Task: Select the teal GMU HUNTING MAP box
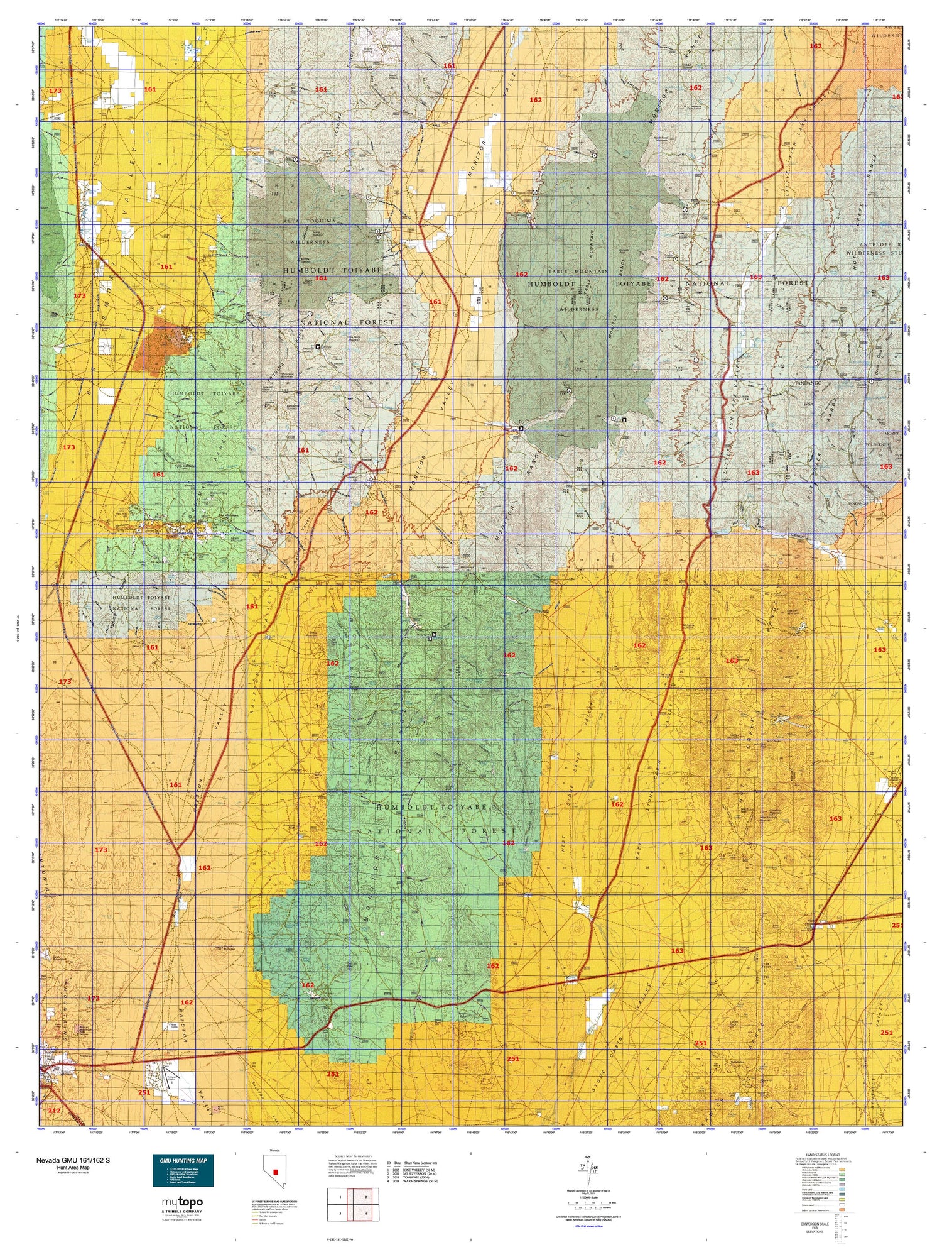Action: [x=183, y=1170]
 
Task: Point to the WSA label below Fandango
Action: [x=808, y=404]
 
